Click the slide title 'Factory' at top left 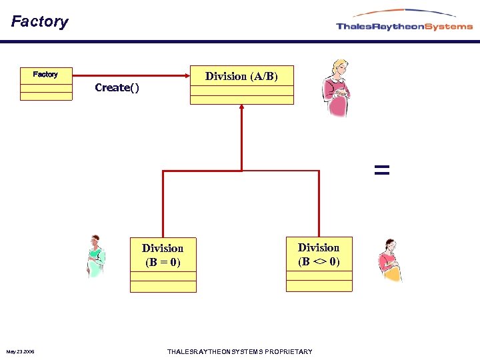tap(40, 21)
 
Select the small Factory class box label tap(45, 74)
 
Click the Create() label tap(117, 87)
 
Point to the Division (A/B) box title tap(241, 76)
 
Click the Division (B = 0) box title tap(163, 255)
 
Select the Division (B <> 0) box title tap(319, 254)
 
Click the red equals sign tap(381, 170)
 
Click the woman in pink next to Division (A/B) tap(335, 88)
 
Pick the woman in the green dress tap(96, 257)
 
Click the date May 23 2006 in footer tap(21, 351)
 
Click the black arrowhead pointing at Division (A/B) tap(186, 75)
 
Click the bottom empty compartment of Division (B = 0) tap(163, 287)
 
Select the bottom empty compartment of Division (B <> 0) tap(319, 286)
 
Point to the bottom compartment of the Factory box tap(46, 96)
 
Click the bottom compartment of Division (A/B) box tap(241, 100)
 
